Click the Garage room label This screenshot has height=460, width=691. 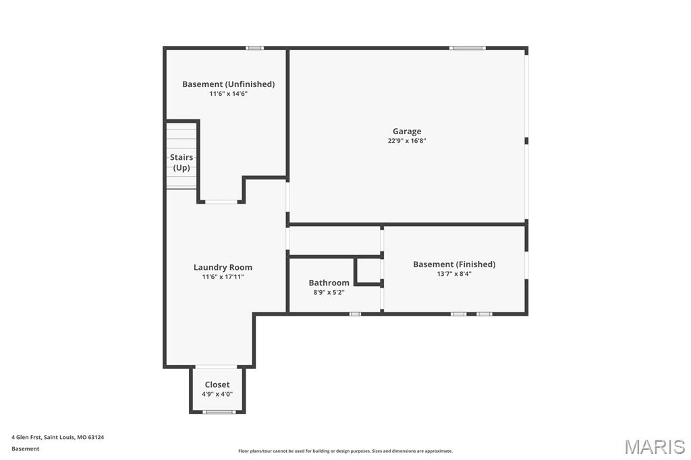[407, 132]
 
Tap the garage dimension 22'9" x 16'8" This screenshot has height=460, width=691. [407, 141]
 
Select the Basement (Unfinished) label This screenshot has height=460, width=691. [228, 84]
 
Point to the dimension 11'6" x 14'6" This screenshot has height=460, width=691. [228, 94]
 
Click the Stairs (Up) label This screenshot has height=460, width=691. [182, 163]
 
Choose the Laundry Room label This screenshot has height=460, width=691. [223, 267]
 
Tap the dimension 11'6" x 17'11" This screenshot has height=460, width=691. [223, 277]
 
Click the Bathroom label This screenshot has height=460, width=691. [329, 283]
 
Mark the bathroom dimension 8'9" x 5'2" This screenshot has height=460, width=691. [329, 292]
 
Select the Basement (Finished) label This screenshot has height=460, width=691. [454, 264]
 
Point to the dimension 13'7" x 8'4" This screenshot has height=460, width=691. [454, 274]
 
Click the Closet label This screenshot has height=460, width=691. [217, 384]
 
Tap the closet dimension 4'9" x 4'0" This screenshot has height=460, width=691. [217, 394]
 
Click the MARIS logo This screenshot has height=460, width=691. [655, 447]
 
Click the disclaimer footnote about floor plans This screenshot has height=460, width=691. [345, 451]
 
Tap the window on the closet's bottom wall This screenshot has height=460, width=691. [219, 411]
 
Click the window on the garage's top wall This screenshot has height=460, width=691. [468, 48]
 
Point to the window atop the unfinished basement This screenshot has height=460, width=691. [254, 48]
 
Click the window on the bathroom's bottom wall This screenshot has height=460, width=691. [355, 314]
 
